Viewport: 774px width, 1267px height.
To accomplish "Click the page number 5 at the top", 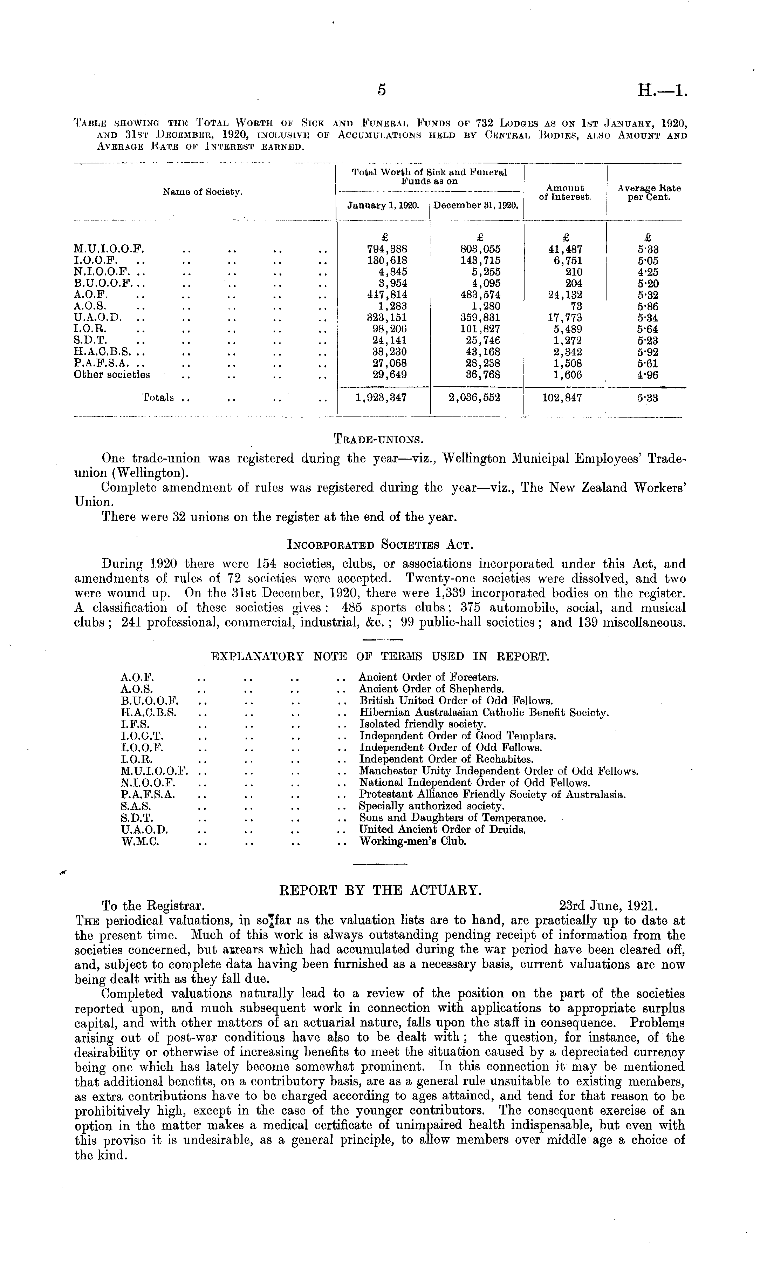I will tap(381, 90).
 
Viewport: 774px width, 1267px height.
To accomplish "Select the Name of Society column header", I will tap(203, 192).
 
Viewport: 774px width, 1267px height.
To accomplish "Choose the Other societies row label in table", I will tap(112, 375).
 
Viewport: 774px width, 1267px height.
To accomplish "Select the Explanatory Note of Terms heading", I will tap(380, 657).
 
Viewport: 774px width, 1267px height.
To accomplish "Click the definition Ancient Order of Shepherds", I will tap(431, 689).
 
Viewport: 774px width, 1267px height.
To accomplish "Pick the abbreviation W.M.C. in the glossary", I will tap(140, 842).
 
